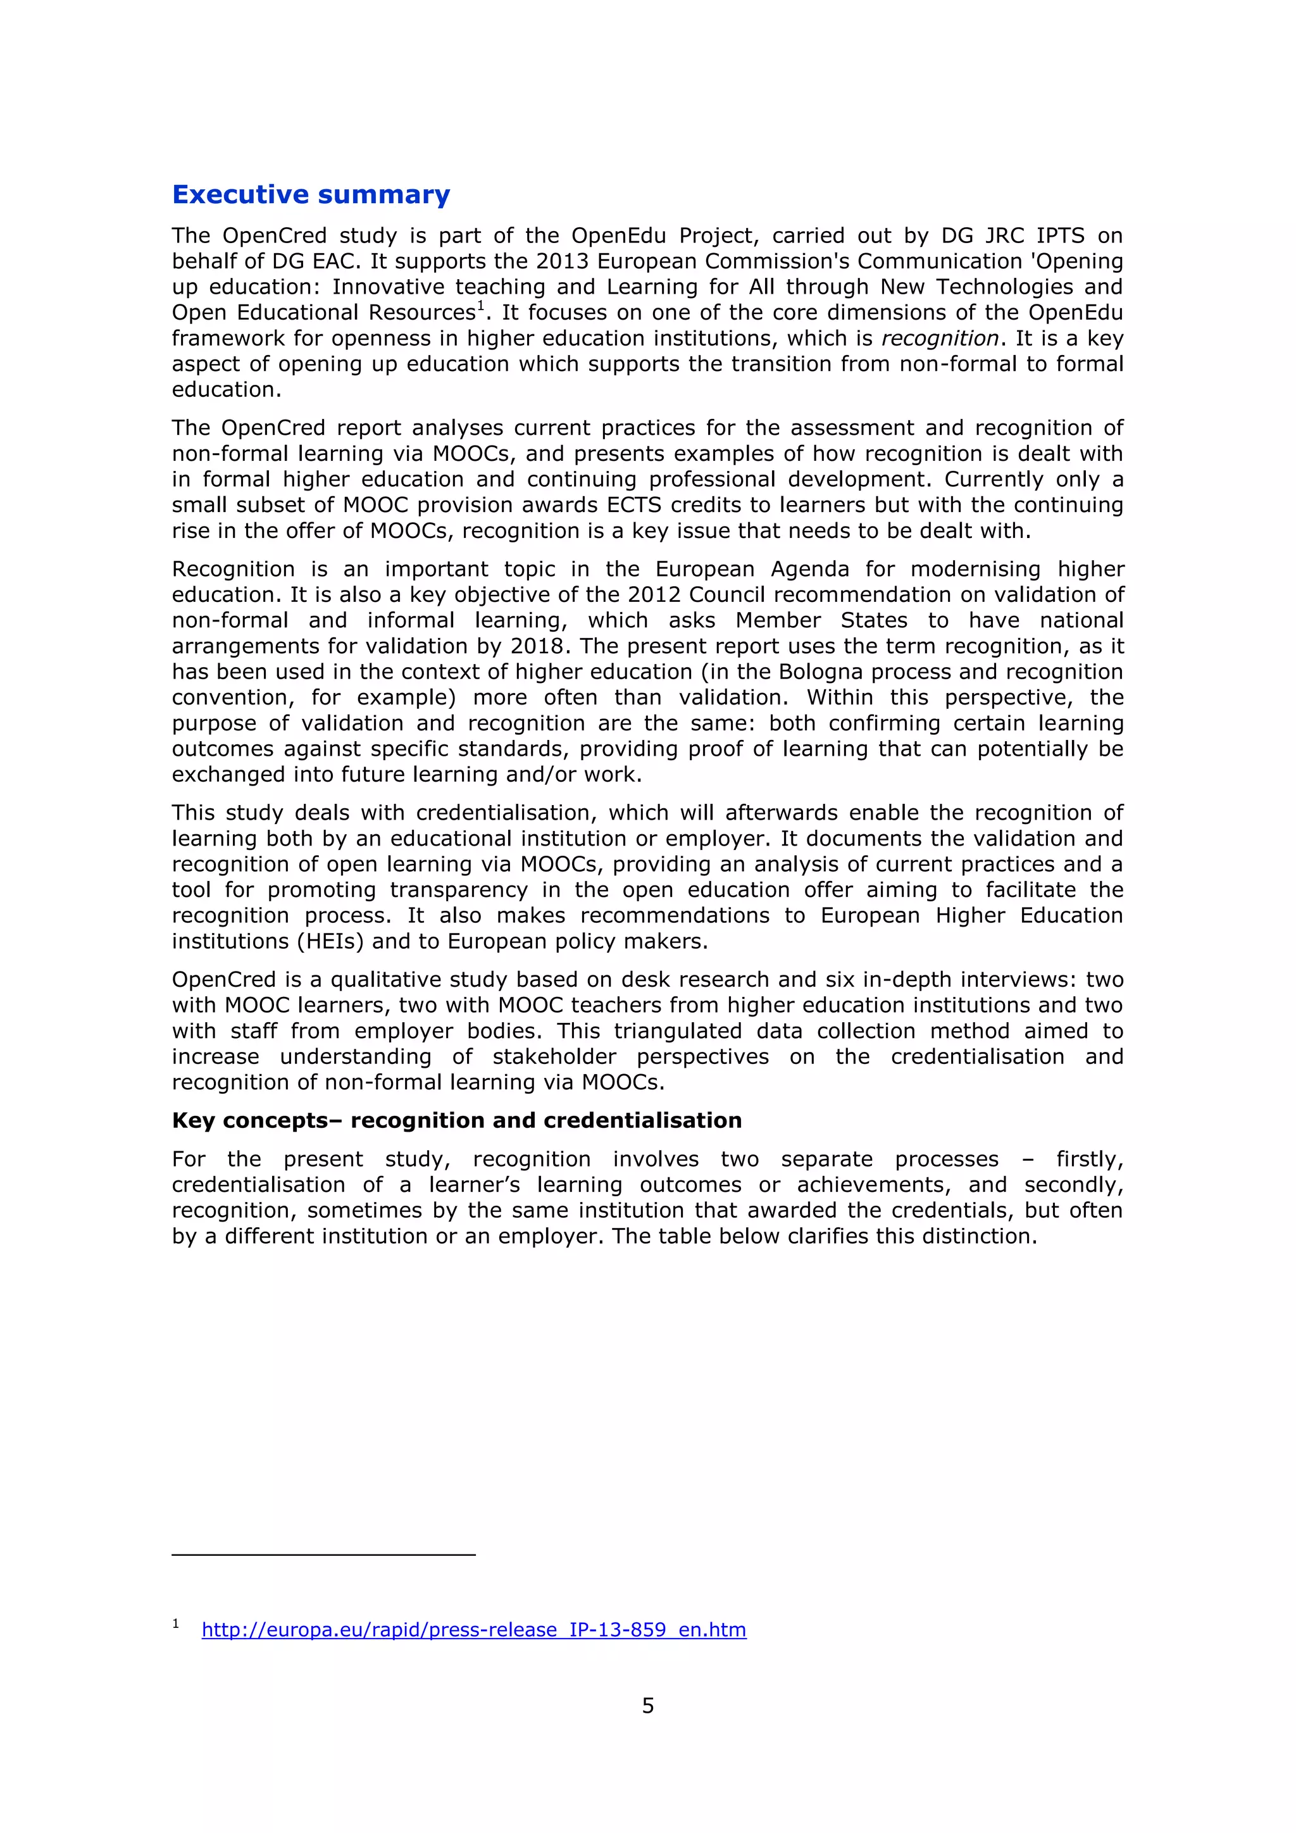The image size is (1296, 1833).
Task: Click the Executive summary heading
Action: tap(311, 195)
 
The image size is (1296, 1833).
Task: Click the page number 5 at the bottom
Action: tap(648, 1705)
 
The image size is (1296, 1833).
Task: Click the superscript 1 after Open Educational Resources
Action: tap(481, 306)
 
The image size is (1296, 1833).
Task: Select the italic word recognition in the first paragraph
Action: tap(939, 339)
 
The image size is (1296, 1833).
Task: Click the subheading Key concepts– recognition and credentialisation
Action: tap(456, 1120)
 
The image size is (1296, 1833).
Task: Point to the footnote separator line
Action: tap(323, 1555)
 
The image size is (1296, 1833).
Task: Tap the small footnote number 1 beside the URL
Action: tap(175, 1624)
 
